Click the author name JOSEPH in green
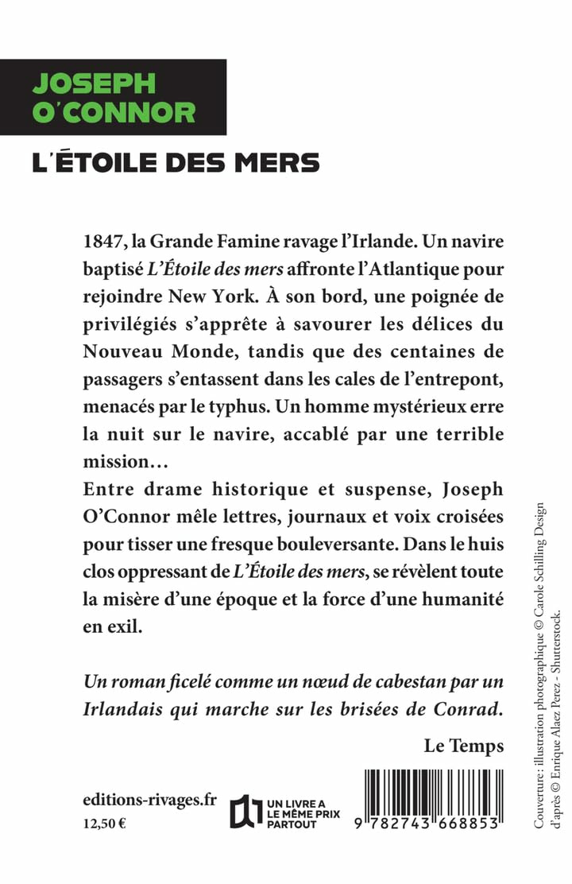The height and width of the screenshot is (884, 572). (x=94, y=84)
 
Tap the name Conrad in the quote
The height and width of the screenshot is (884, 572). (x=466, y=709)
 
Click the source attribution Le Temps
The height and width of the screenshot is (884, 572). (x=464, y=746)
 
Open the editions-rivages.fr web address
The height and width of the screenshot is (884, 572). (x=149, y=800)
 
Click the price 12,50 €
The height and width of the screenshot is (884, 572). (x=104, y=824)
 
